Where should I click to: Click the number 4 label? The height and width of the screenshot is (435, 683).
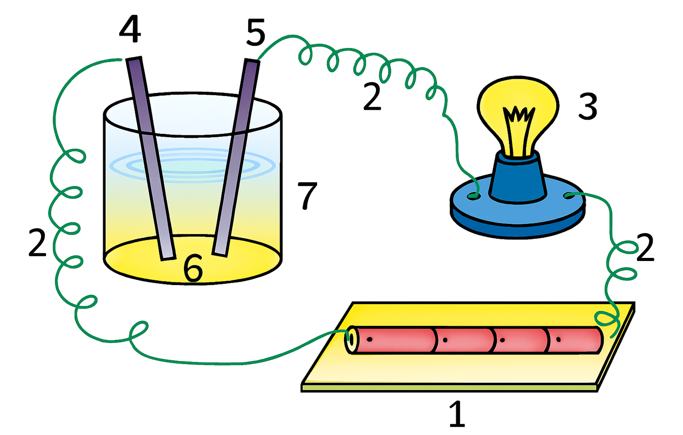point(130,30)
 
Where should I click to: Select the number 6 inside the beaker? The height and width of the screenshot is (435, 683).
point(193,268)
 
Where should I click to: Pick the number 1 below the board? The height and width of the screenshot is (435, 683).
point(457,413)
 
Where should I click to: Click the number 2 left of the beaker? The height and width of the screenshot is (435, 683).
point(38,243)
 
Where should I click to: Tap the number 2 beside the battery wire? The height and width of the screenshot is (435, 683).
point(645,247)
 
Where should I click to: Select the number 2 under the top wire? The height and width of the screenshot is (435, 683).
point(372,97)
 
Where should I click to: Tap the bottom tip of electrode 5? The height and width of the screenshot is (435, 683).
point(220,254)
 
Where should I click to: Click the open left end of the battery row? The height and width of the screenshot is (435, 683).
point(350,339)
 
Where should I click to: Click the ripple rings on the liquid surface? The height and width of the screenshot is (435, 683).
point(192,165)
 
